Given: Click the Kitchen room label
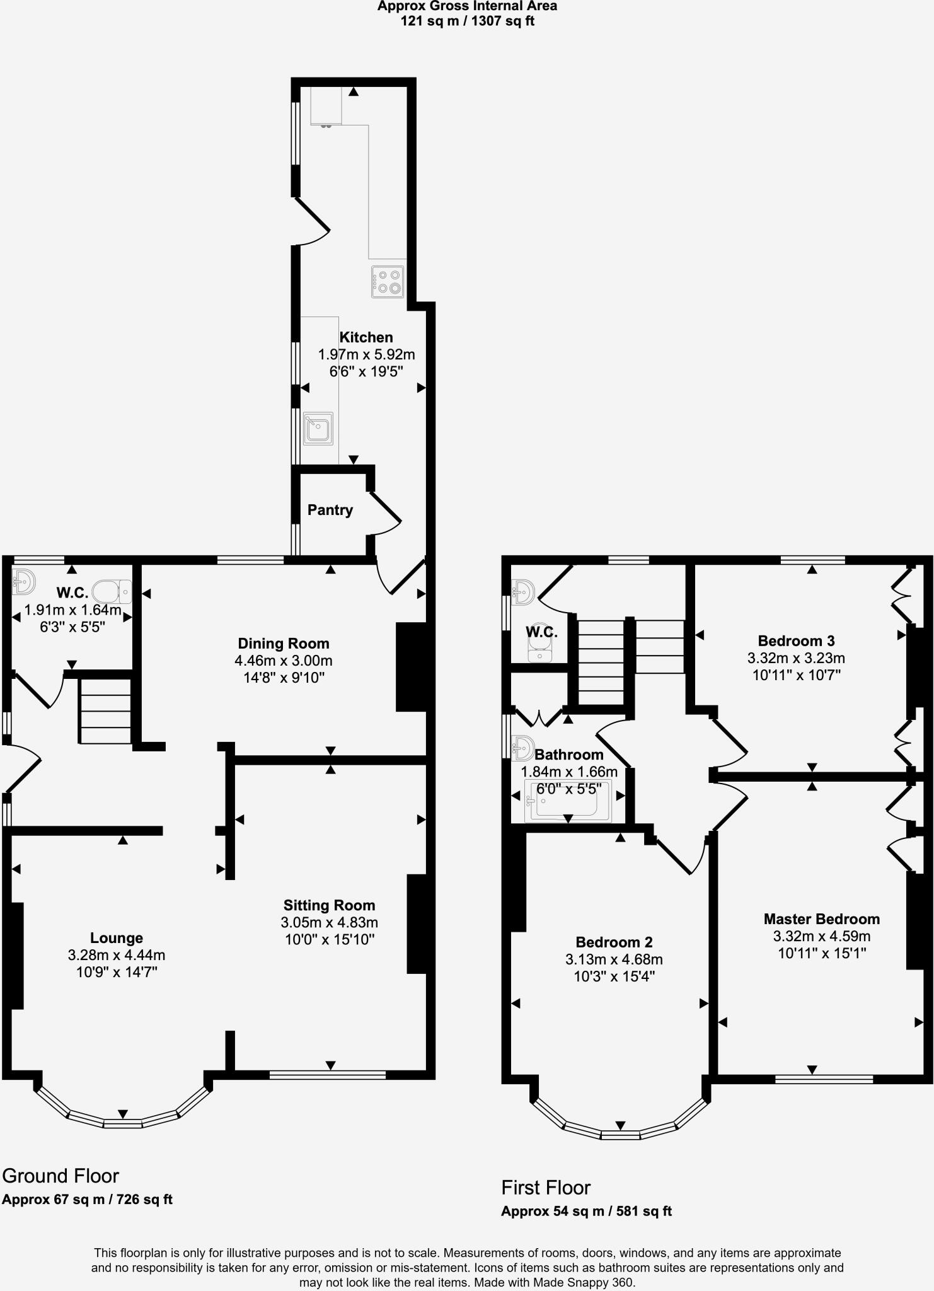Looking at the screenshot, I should coord(366,337).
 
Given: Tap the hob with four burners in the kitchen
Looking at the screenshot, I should coord(387,282).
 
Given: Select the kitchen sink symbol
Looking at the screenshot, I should coord(318,429).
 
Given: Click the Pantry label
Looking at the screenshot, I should coord(330,510).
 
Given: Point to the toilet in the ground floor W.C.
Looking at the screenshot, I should coord(112,591).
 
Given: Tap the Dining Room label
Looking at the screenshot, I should coord(283,644).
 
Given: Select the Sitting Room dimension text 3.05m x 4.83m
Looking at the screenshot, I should coord(329,922).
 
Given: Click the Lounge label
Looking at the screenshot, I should coord(116,938).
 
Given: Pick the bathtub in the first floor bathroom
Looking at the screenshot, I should coord(567,801).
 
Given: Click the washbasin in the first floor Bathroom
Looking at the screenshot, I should coord(522,748).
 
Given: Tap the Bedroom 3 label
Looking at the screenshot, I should coord(796,641).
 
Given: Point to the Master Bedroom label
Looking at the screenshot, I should coord(821,919).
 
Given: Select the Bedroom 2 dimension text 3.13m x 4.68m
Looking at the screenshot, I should coord(614,960).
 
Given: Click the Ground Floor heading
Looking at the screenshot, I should coord(61,1176).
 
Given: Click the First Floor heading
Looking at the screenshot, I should coord(546,1188).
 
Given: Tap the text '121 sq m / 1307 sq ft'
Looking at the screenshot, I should coord(467,21).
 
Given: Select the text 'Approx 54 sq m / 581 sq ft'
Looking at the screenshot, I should coord(586,1211).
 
